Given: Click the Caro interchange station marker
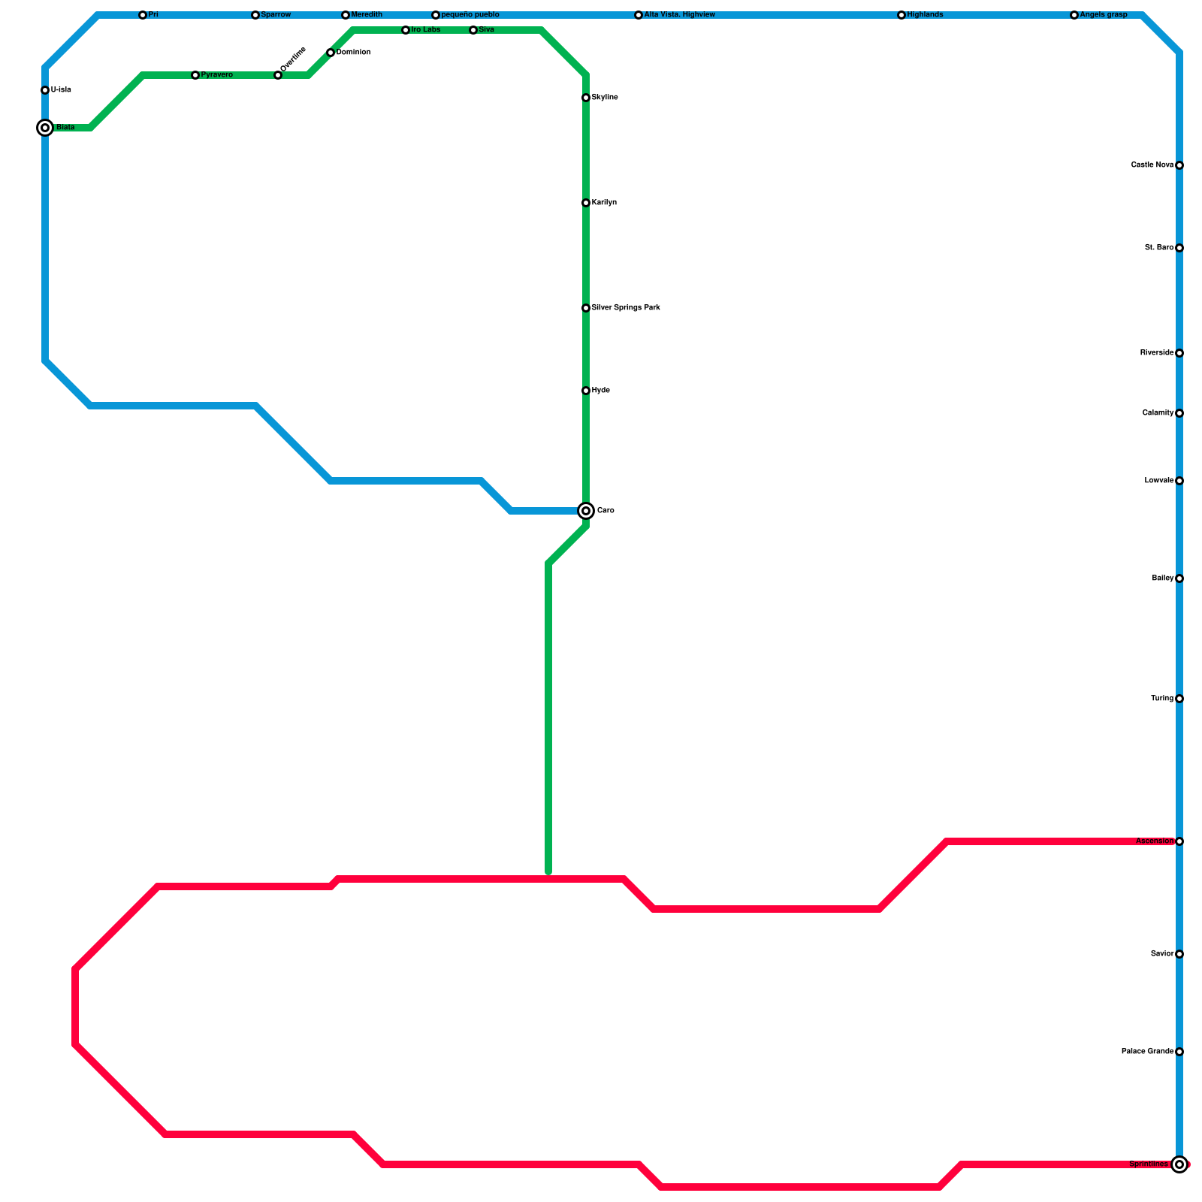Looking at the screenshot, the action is pos(586,511).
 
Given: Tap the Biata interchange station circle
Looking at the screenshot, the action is pos(45,128).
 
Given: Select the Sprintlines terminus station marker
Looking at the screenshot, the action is pos(1179,1164).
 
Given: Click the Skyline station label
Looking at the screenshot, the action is pos(605,98).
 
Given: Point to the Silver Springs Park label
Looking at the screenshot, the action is pos(626,308).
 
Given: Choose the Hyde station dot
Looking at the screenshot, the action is pos(586,391).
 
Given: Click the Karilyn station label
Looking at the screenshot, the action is pos(604,203).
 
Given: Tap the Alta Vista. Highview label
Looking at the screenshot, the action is pos(680,15).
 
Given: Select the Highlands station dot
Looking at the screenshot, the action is pos(901,15).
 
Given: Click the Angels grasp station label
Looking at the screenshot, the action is pos(1104,15).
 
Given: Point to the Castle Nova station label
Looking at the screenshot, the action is pos(1152,165).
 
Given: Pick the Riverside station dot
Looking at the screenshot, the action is pos(1179,353).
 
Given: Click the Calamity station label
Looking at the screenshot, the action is pos(1158,413).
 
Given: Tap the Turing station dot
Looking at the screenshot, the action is pos(1179,699).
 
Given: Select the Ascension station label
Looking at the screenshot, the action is pos(1155,841).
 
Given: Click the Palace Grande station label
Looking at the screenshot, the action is pos(1147,1052).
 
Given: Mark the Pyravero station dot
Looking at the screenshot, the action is pos(195,75).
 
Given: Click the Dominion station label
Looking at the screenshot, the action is pos(353,53).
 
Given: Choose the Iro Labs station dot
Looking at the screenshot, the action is pos(406,30).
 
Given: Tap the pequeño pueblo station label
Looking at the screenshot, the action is pos(470,15).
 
